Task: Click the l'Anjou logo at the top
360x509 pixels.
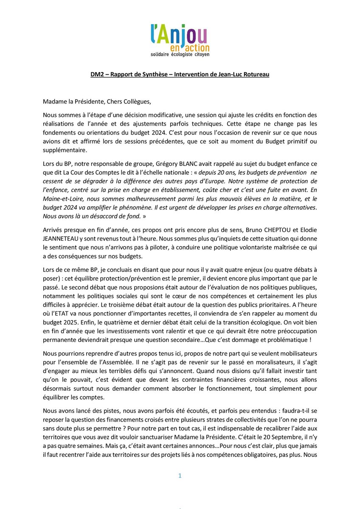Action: click(180, 36)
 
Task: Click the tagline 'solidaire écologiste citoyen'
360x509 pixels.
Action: click(180, 55)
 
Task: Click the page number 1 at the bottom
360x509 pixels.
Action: click(180, 476)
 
